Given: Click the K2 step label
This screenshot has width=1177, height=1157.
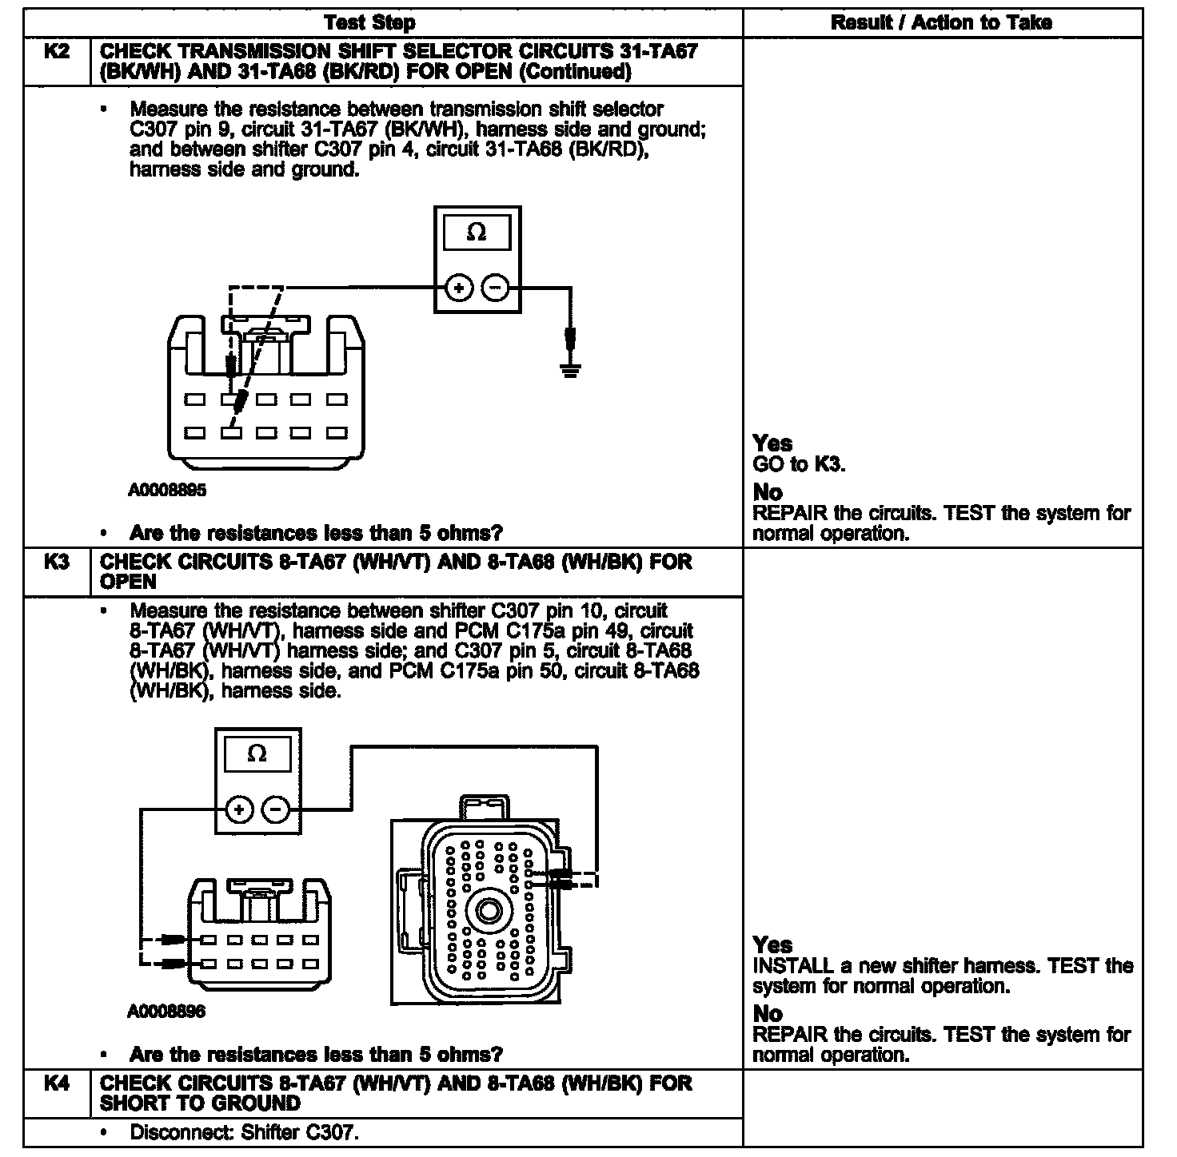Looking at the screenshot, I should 56,52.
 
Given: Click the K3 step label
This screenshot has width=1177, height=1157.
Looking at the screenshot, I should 56,562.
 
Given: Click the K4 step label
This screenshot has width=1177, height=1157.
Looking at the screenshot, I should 56,1083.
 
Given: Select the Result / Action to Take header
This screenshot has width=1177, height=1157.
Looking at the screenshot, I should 941,22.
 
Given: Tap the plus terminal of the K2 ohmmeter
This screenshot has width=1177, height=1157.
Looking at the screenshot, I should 458,288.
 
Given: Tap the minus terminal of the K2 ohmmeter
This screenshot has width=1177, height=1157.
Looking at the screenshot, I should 496,288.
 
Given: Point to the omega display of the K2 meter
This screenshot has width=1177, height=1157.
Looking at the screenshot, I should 477,233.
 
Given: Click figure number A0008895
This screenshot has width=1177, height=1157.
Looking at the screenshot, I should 167,490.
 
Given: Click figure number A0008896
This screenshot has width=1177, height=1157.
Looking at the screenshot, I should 166,1012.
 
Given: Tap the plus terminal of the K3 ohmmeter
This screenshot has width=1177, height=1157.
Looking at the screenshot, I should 238,810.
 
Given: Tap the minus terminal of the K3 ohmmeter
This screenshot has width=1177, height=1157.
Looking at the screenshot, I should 276,810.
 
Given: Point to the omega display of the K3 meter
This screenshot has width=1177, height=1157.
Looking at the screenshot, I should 257,753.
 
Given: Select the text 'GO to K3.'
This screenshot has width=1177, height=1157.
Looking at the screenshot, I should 799,464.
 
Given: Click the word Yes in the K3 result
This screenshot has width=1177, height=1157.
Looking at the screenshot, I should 772,945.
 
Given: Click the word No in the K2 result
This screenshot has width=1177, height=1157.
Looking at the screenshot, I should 768,492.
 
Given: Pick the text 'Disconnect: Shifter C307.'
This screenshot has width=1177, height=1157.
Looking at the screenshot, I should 243,1132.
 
